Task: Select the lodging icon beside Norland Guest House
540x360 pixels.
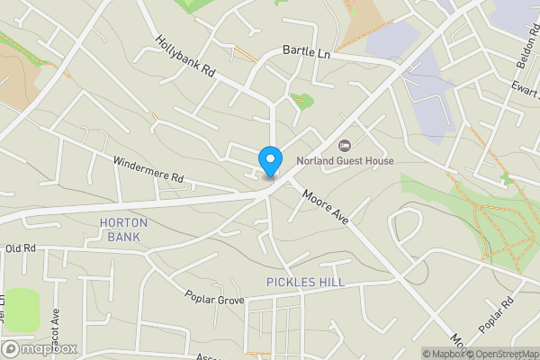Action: coord(343,146)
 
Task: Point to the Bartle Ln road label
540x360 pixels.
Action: coord(307,53)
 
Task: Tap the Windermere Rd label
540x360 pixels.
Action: coord(148,170)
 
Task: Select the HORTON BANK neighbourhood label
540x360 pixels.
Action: coord(124,229)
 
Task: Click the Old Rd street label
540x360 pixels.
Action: coord(19,247)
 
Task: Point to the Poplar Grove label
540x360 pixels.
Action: coord(215,298)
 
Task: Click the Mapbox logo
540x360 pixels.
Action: coord(40,348)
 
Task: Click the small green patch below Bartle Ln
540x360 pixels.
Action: coord(303,101)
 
